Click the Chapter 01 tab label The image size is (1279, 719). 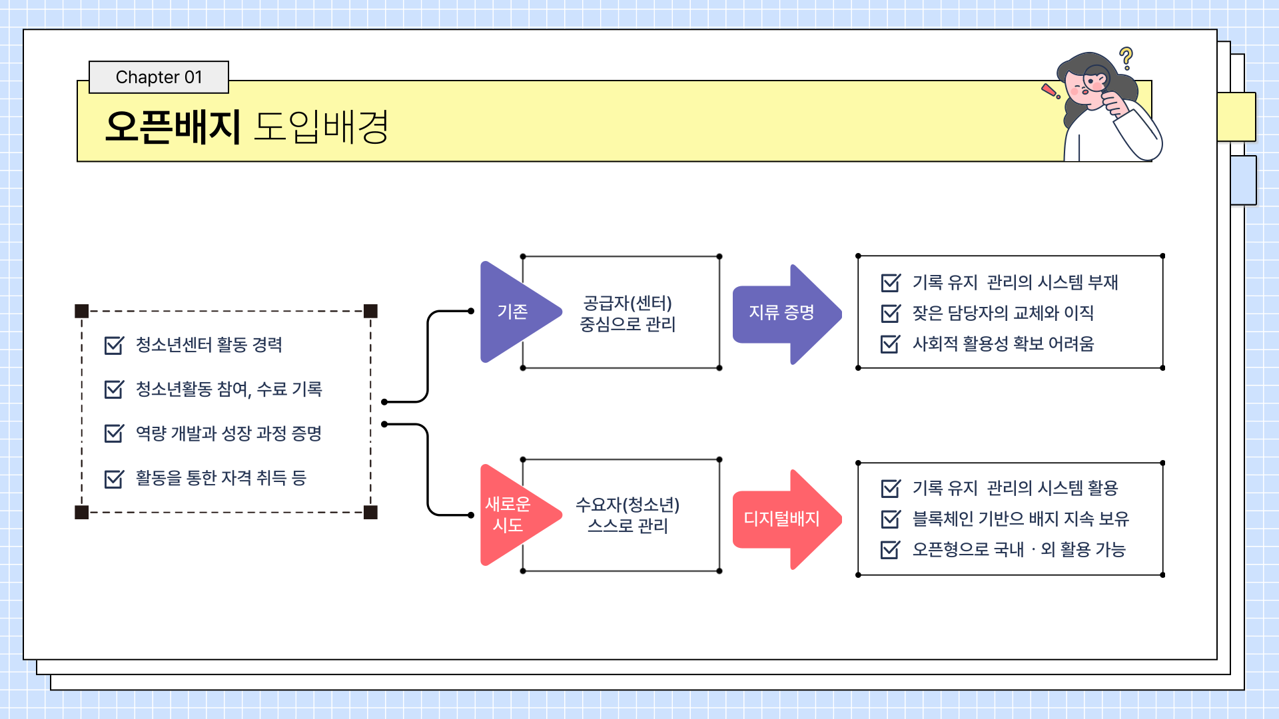pos(159,77)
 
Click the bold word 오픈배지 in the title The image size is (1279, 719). pos(173,126)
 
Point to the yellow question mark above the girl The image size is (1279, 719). pos(1126,59)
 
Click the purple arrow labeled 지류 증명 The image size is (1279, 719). pos(787,312)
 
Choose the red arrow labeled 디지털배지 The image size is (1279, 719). pos(787,519)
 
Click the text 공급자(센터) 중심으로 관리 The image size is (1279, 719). pos(628,314)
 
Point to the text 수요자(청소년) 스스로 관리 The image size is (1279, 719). pos(628,515)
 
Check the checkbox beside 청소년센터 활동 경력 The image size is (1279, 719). pos(114,345)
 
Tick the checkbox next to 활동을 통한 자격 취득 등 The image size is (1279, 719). pos(114,478)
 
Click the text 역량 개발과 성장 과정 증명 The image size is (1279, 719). pos(228,433)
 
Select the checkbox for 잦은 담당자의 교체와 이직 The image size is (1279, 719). pos(891,313)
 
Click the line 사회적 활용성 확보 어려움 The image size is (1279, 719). pos(1003,344)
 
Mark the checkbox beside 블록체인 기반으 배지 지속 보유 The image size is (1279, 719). pos(891,519)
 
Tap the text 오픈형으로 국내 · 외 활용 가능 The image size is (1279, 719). pos(1019,549)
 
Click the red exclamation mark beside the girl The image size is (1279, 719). pos(1051,91)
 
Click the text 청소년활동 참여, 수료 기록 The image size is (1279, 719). pos(228,389)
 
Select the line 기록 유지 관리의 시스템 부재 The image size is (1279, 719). pos(1015,282)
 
